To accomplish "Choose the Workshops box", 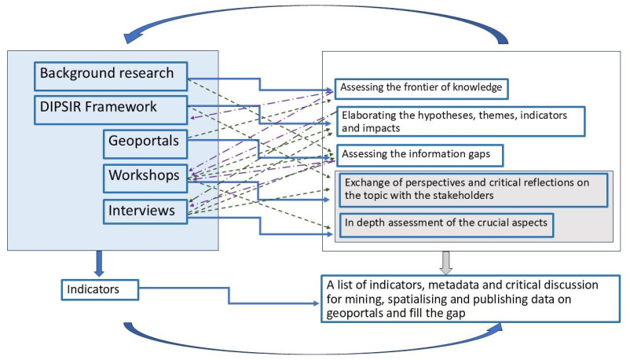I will tap(145, 176).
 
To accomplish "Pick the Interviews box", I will tap(145, 210).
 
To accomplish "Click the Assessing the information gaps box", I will tap(420, 154).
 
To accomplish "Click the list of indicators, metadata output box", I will tap(471, 298).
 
